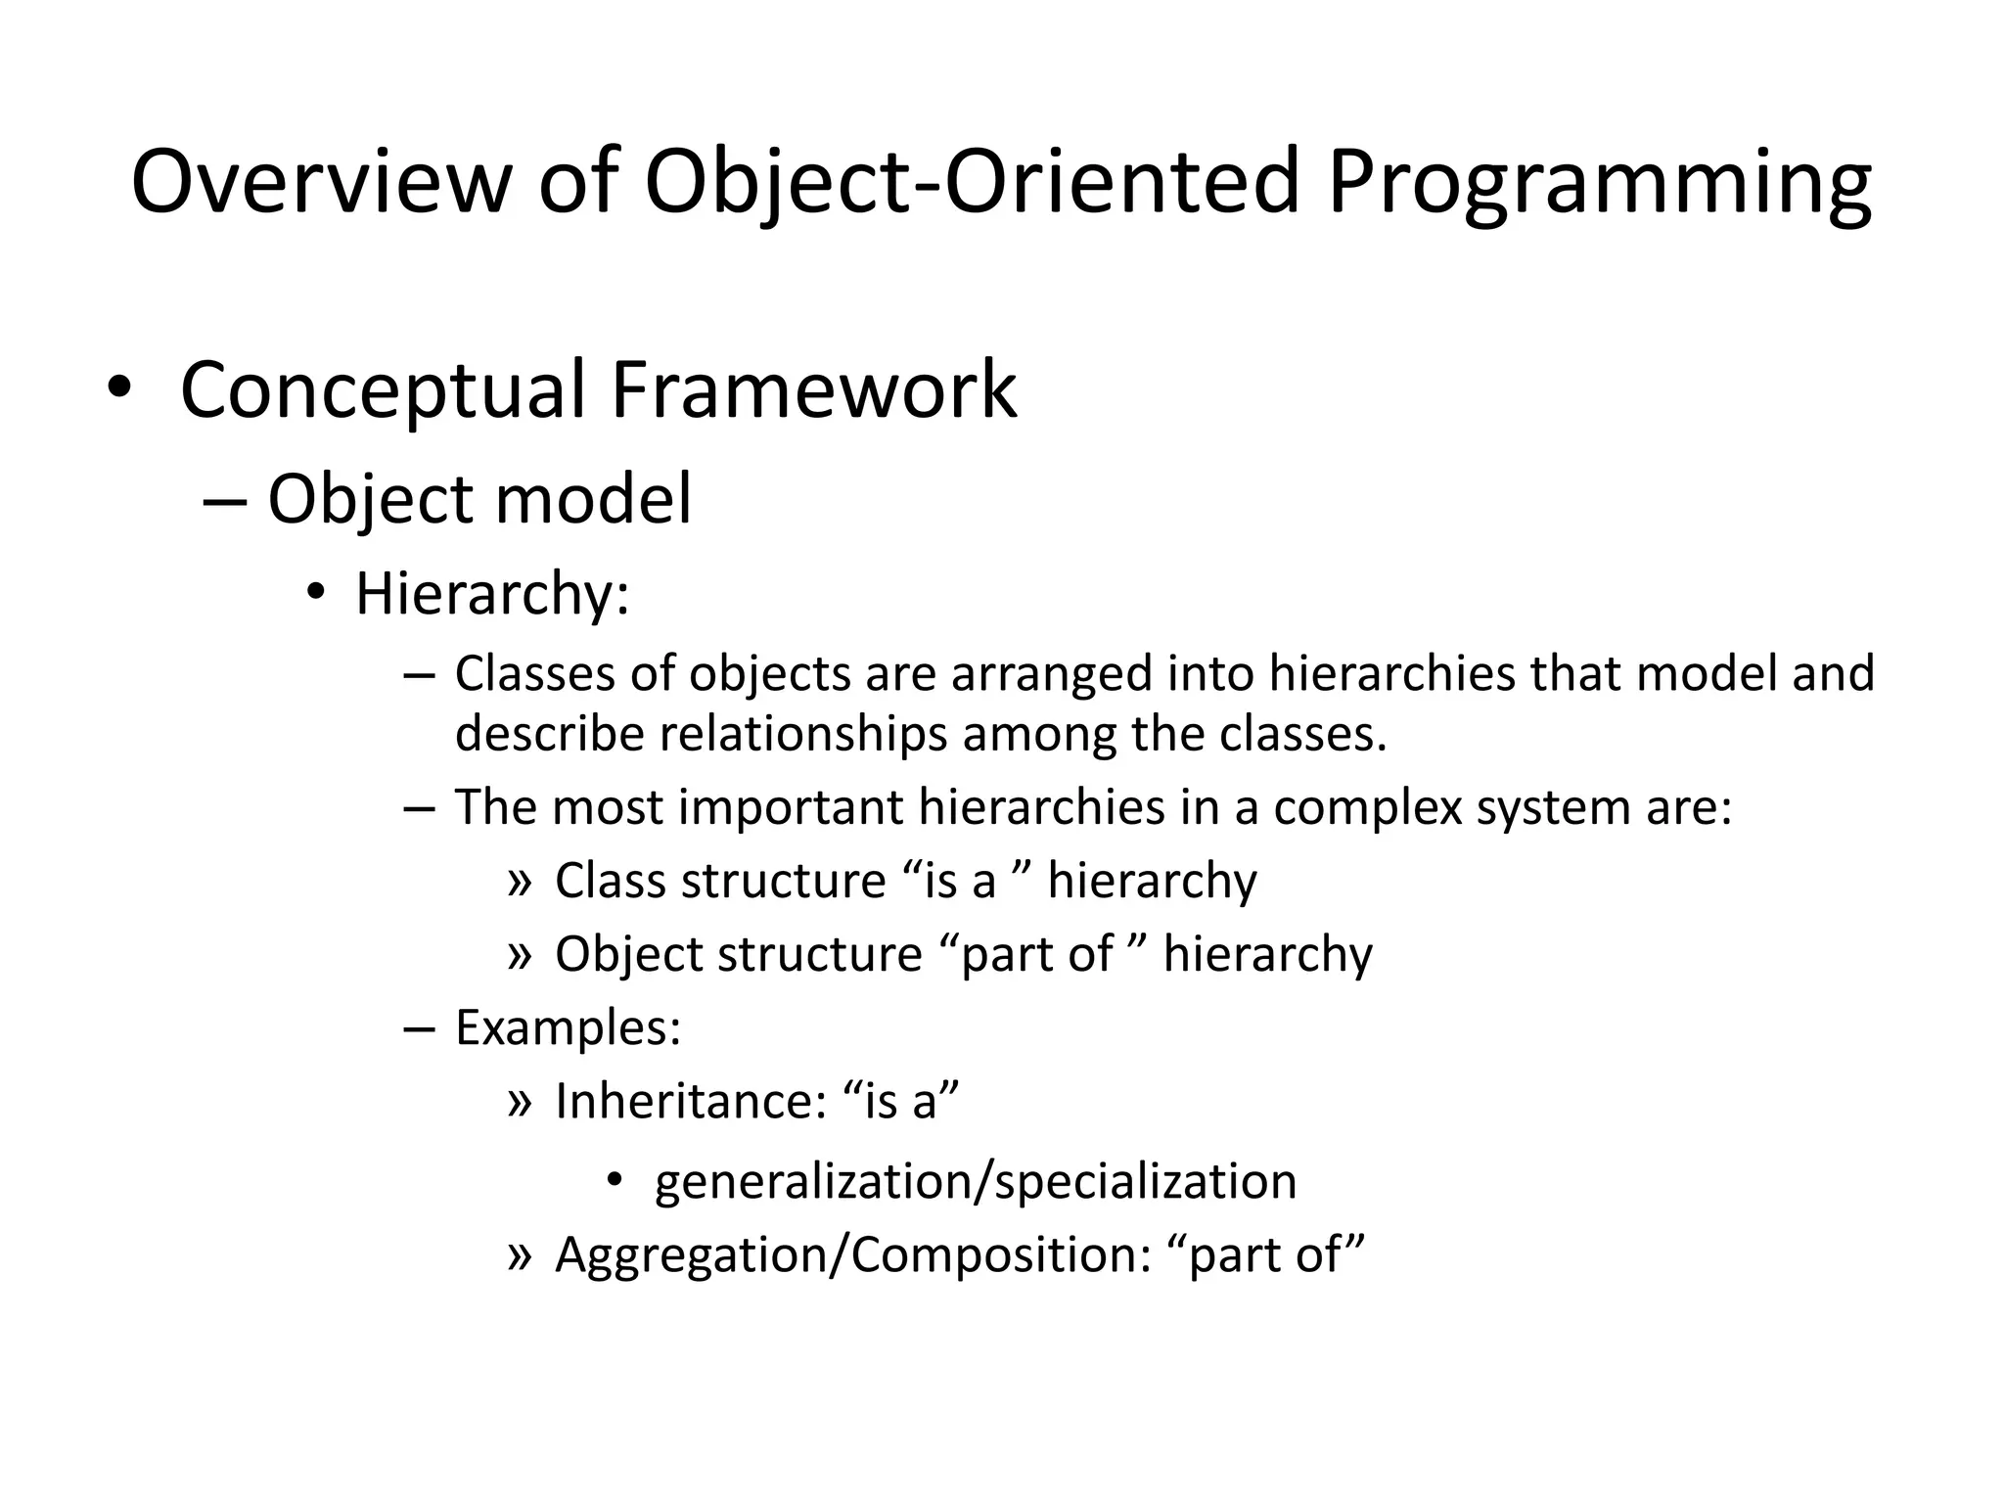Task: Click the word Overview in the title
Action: (321, 182)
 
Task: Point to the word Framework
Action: (813, 389)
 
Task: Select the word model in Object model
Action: (593, 499)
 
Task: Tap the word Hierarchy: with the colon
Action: (492, 595)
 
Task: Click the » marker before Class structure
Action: (520, 882)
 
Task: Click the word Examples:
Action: (568, 1028)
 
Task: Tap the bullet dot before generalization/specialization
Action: (614, 1180)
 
